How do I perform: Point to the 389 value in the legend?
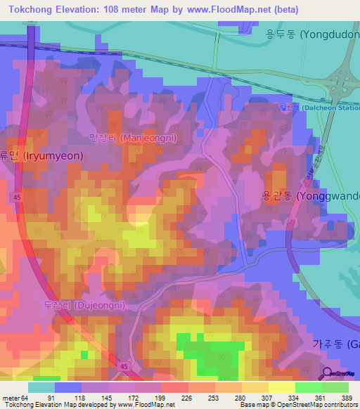click(345, 397)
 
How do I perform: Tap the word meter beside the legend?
click(11, 397)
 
